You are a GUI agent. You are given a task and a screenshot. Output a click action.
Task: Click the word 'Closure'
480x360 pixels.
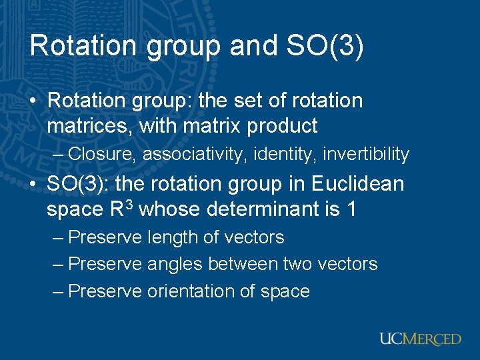pyautogui.click(x=102, y=154)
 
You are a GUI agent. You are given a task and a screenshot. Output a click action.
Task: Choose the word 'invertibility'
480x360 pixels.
pyautogui.click(x=366, y=154)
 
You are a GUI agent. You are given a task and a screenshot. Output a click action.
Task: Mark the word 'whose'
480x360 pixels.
pyautogui.click(x=170, y=209)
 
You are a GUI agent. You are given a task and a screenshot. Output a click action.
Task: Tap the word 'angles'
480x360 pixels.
pyautogui.click(x=175, y=264)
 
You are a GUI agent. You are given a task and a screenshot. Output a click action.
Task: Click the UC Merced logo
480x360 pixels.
pyautogui.click(x=420, y=339)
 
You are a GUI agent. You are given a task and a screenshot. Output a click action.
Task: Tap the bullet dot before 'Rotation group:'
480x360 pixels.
pyautogui.click(x=33, y=101)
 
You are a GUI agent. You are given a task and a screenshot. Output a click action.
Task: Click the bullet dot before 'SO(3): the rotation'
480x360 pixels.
pyautogui.click(x=33, y=184)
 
